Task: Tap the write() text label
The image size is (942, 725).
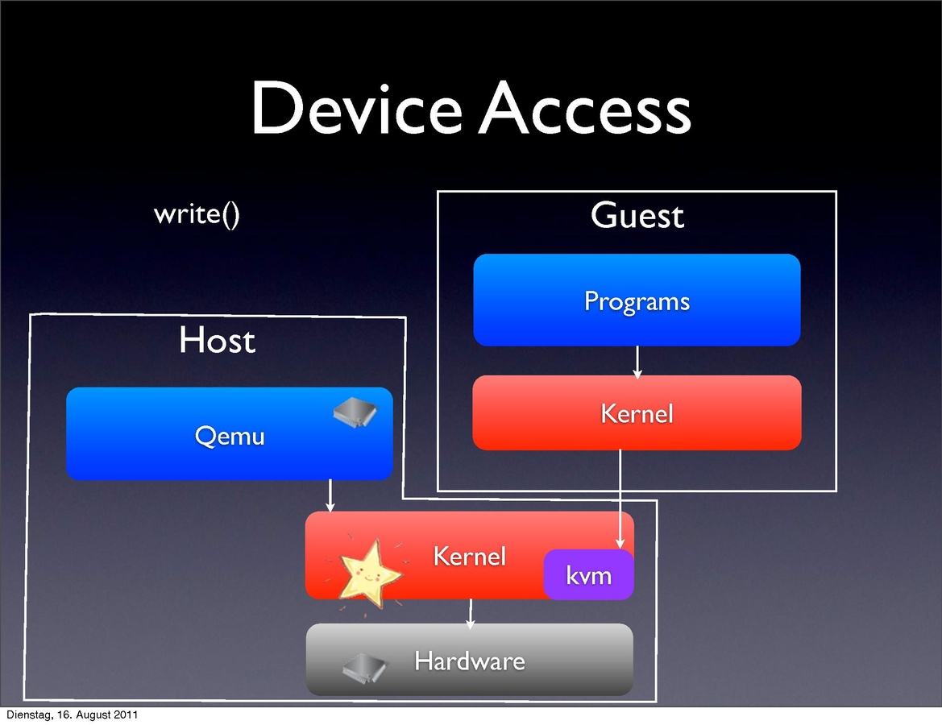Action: [x=197, y=214]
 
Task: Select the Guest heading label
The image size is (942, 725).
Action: [x=637, y=216]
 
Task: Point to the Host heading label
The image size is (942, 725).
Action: [x=217, y=341]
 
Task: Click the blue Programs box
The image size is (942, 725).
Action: [x=637, y=300]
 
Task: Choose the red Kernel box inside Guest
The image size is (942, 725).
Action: [x=637, y=413]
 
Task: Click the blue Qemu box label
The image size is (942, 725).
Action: [x=230, y=436]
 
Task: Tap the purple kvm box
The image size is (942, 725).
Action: [x=588, y=575]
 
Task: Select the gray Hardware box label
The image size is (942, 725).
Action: [x=469, y=661]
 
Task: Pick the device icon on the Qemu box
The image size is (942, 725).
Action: [x=355, y=412]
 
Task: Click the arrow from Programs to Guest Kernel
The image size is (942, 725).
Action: [x=637, y=362]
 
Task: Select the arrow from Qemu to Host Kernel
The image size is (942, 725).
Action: [x=330, y=495]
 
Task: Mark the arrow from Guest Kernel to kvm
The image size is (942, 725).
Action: [x=620, y=499]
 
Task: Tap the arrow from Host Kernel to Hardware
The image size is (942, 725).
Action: [x=471, y=612]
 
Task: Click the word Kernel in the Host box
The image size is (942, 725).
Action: [x=469, y=556]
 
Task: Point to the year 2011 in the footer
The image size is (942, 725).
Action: [x=123, y=715]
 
